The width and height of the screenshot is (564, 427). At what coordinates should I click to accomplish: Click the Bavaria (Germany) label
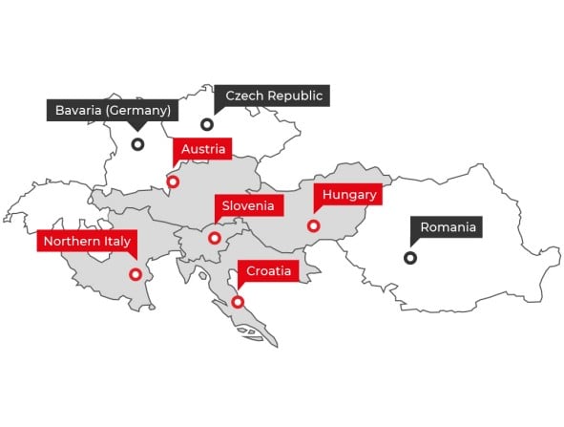point(113,110)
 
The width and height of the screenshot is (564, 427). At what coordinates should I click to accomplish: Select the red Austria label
point(202,149)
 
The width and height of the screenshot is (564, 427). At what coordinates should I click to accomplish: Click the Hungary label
point(350,195)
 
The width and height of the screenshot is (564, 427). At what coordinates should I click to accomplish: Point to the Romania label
point(448,227)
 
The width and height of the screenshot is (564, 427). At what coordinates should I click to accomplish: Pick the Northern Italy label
point(86,241)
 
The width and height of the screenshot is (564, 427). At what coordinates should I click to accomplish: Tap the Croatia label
point(269,271)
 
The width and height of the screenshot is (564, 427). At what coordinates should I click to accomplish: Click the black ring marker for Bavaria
point(137,144)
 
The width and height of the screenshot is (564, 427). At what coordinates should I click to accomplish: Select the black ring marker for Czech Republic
point(206,124)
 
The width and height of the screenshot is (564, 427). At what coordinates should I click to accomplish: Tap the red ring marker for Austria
point(173,181)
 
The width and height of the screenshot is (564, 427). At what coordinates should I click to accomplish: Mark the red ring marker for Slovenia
point(215,238)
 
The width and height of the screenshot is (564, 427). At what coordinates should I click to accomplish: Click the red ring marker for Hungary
point(313,226)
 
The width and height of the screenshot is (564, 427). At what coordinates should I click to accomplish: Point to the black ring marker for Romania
point(410,257)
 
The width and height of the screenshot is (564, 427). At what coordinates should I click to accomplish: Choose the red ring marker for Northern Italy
point(136,274)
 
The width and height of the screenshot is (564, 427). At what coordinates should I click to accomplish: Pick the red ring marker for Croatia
point(238,302)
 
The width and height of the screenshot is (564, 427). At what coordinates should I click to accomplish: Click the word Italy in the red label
point(115,241)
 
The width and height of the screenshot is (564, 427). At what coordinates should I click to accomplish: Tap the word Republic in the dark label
point(296,96)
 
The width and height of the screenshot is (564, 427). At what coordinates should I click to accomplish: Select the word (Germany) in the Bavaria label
point(139,110)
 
